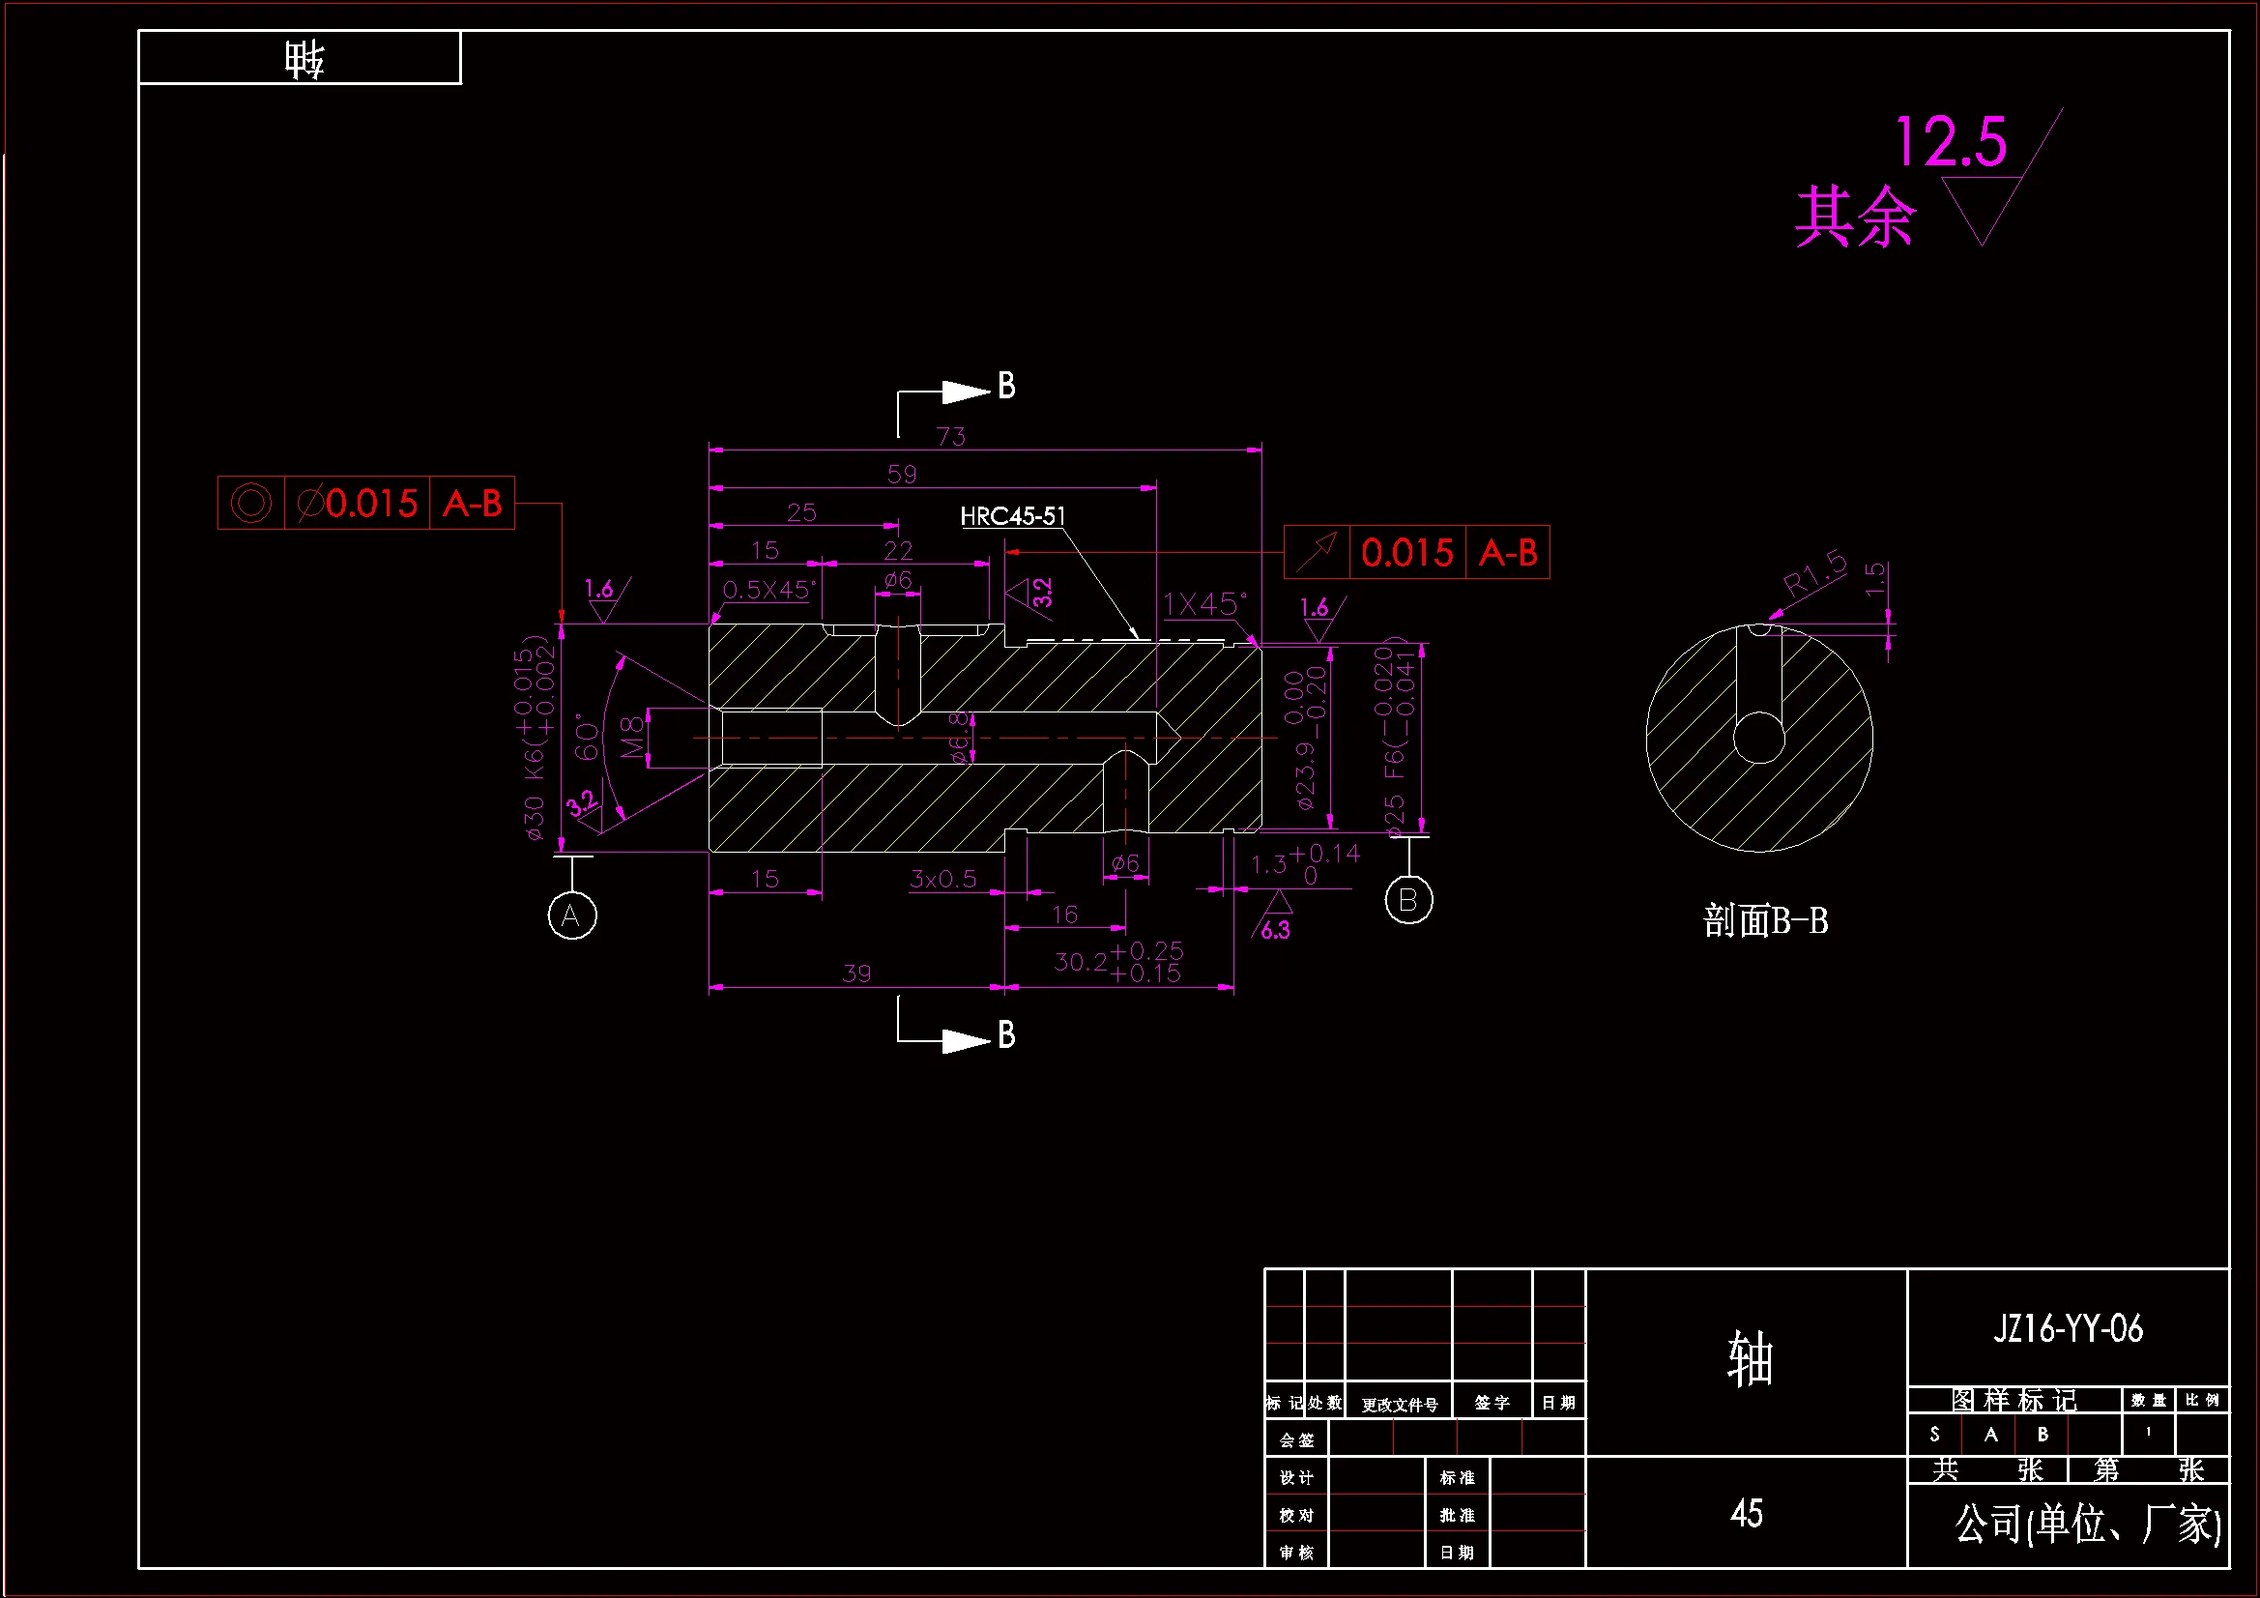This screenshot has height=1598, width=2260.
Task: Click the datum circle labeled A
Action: coord(572,915)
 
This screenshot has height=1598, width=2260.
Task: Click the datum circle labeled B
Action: coord(1407,900)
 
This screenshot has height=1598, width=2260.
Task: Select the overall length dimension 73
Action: coord(951,436)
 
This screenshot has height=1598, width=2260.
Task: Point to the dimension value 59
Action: coord(902,475)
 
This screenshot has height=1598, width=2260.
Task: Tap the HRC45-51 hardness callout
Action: coord(1012,517)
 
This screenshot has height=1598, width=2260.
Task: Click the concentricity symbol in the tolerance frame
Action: coord(251,503)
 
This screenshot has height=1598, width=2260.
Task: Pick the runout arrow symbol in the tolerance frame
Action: coord(1316,552)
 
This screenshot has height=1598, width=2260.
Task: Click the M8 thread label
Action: coord(633,737)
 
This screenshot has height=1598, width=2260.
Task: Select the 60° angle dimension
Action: coord(587,737)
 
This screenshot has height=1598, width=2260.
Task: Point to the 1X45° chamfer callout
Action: coord(1203,603)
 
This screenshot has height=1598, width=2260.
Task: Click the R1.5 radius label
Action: coord(1814,574)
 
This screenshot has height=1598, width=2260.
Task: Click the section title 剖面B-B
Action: coord(1765,921)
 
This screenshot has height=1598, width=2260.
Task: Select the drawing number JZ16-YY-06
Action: coord(2067,1329)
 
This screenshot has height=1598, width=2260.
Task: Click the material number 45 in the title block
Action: coord(1746,1513)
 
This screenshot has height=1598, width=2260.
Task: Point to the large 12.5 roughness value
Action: coord(1950,142)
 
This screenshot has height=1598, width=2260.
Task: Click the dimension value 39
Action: coord(856,973)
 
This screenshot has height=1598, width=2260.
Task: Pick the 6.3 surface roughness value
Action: coord(1275,930)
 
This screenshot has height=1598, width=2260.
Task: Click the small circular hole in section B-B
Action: coord(1759,739)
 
